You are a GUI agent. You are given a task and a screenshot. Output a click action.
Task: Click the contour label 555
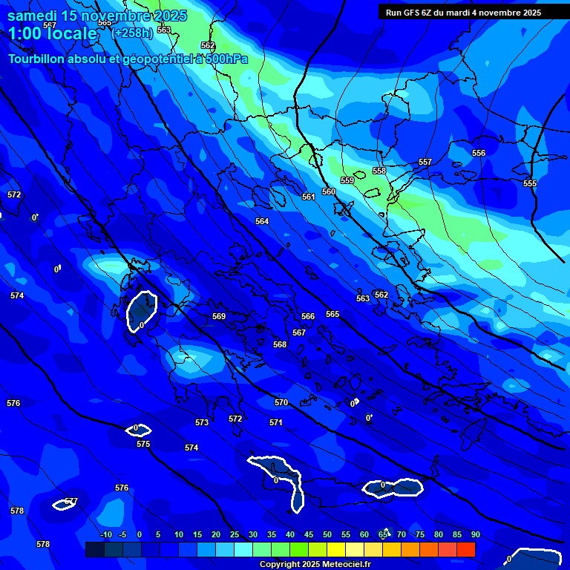(x=530, y=183)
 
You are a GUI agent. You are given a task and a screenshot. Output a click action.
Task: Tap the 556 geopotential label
(x=479, y=153)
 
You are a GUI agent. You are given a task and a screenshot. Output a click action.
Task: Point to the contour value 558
(x=379, y=171)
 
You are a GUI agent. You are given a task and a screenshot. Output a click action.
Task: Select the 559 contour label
(x=347, y=180)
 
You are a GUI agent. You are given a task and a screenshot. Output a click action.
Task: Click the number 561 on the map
(x=309, y=197)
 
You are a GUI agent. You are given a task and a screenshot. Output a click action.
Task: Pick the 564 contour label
(x=262, y=221)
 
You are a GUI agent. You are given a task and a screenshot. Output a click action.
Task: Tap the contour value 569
(x=219, y=316)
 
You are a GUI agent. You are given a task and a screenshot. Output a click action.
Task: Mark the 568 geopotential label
(x=280, y=344)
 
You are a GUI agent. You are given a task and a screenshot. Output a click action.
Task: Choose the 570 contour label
(x=281, y=402)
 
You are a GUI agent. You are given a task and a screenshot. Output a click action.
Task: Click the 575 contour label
(x=143, y=444)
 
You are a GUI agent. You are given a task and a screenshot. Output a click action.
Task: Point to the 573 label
(x=202, y=422)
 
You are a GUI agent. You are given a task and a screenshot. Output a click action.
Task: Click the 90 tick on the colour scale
(x=475, y=534)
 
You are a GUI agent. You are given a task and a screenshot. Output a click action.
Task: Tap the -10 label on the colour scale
(x=105, y=534)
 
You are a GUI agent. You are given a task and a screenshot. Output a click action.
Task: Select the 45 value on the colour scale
(x=308, y=534)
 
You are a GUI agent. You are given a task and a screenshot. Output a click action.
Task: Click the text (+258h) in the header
(x=131, y=33)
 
